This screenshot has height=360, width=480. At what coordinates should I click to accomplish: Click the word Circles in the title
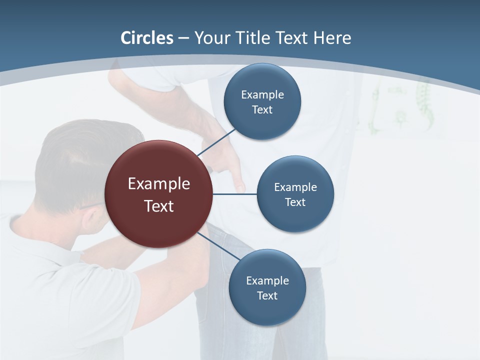(147, 38)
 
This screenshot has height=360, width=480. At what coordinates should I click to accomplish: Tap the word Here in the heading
(332, 38)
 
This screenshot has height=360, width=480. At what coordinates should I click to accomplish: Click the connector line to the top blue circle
(217, 142)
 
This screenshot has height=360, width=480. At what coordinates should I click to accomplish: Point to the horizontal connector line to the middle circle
(234, 194)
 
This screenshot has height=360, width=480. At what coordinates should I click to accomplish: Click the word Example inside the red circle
(159, 184)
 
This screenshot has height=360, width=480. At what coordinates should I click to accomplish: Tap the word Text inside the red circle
(159, 206)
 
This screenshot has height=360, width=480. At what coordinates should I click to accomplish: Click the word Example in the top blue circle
(262, 95)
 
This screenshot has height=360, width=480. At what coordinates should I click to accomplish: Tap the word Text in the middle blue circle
(295, 202)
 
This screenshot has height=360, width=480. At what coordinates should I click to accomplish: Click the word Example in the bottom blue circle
(267, 281)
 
